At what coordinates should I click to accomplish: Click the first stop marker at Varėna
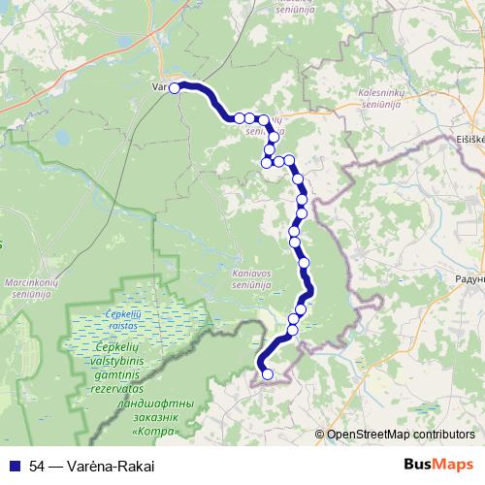coord(175,88)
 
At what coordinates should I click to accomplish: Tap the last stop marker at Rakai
coord(268,374)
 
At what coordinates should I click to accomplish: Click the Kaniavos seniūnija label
coord(257,279)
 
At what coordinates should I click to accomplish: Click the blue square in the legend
coord(14,465)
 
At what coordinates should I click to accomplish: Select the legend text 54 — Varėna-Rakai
coord(91,465)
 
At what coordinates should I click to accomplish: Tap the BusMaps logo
coord(438,464)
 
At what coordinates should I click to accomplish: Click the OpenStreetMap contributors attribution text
coord(401,435)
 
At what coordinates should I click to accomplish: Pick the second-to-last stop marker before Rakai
coord(260,365)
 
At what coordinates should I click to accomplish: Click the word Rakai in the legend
coord(136,465)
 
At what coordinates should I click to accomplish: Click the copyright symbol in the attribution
coord(320,435)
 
